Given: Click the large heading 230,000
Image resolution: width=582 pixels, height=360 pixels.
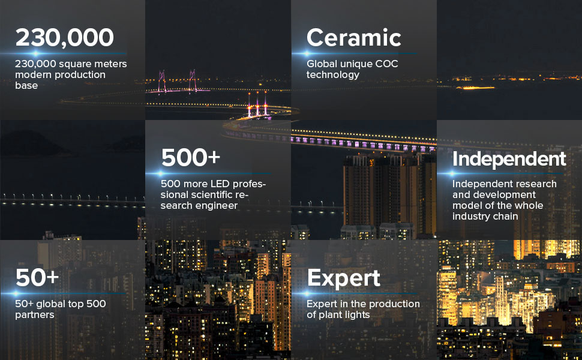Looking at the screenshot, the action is pos(65,38).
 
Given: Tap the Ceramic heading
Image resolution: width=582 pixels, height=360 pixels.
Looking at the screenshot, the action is pos(354,37).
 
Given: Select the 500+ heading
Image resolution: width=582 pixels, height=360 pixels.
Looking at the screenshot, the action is pos(191,157).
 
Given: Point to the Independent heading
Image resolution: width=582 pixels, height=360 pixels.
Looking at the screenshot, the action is pos(509,159).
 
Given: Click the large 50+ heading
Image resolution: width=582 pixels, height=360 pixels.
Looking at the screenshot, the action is pos(37,278).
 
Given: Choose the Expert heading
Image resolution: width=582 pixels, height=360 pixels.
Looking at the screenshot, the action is pos(344,278).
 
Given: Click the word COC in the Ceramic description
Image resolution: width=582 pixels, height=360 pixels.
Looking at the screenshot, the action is pos(386,64).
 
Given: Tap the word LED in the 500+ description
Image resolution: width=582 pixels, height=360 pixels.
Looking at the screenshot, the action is pos(218,184).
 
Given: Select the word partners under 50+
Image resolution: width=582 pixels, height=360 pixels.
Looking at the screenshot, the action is pos(35,315).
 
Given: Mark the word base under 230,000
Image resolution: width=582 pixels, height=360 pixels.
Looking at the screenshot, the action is pos(26,85).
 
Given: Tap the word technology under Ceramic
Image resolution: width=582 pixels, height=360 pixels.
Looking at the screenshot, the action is pos(333,75).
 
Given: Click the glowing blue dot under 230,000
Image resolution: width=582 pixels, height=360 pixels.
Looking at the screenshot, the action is pos(36,54).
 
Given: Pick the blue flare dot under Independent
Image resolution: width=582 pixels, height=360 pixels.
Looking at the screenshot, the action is pos(451,173).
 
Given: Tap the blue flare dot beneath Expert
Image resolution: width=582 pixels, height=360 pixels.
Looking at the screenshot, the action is pos(307,293).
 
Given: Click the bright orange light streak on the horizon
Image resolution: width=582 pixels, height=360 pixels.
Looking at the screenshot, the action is pos(475,88).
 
